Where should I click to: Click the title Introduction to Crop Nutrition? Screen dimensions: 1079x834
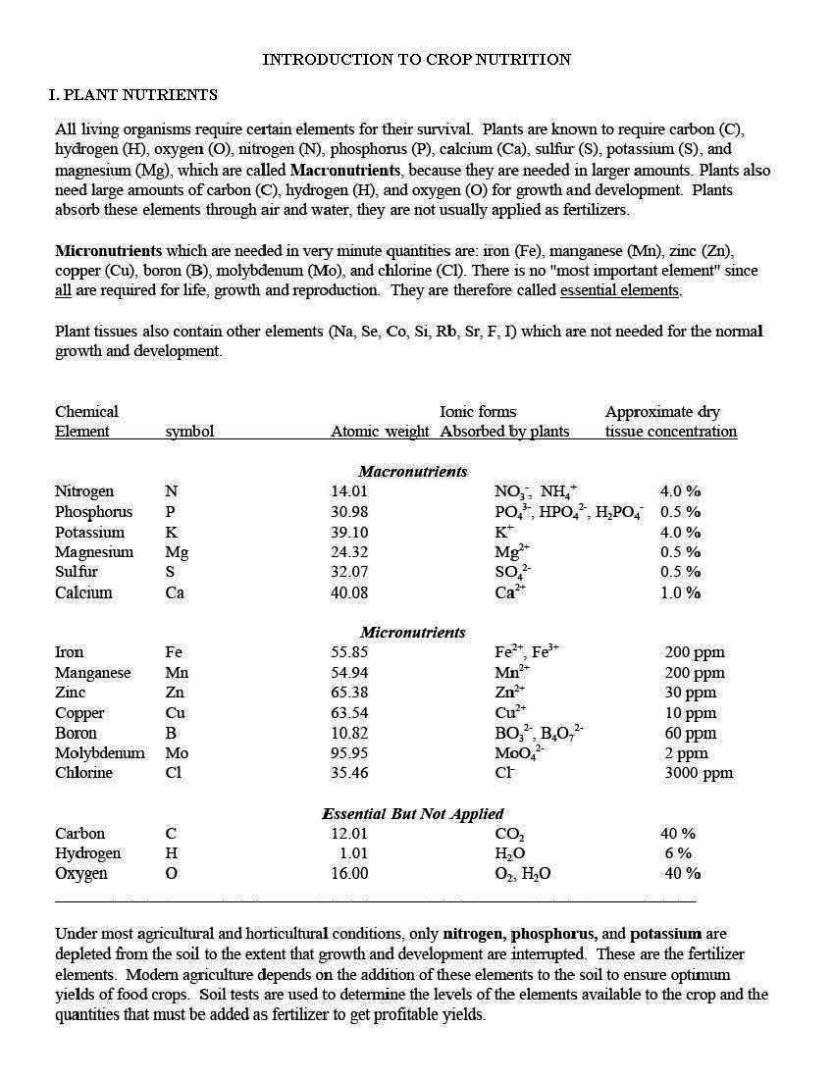[x=416, y=60]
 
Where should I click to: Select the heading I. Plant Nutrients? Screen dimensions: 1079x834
[x=133, y=95]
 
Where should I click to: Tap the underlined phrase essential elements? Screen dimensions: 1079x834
[x=619, y=290]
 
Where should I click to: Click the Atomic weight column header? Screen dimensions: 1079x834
[x=380, y=432]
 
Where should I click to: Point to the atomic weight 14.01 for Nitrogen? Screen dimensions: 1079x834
[x=349, y=491]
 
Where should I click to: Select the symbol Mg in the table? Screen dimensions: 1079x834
[x=177, y=552]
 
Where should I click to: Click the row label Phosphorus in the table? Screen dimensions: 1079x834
[x=93, y=512]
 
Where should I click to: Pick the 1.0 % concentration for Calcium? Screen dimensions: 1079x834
[x=680, y=592]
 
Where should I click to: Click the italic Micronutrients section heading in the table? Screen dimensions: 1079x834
[x=412, y=633]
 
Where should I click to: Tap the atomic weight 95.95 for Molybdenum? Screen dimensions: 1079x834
[x=349, y=753]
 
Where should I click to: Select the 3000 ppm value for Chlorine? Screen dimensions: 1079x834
[x=699, y=773]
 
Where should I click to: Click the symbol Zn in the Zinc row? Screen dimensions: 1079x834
[x=176, y=693]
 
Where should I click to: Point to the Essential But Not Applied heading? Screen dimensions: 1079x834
[x=412, y=814]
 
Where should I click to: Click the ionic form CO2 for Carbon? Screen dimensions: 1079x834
[x=509, y=835]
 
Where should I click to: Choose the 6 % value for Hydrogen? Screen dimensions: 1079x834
[x=678, y=853]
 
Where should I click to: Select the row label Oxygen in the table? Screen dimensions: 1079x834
[x=80, y=874]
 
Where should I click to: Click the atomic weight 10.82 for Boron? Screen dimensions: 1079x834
[x=349, y=733]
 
